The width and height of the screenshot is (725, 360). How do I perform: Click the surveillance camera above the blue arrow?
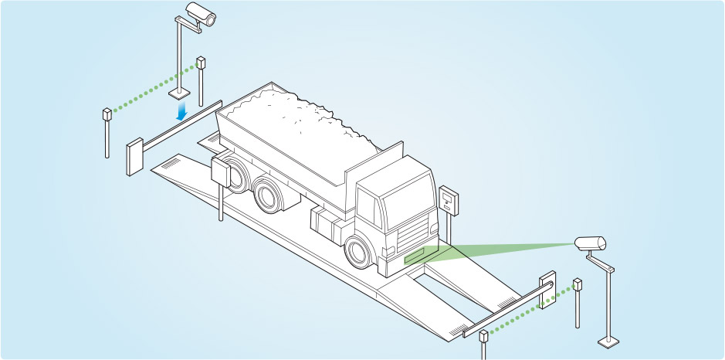202,13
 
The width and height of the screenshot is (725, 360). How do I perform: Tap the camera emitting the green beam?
591,243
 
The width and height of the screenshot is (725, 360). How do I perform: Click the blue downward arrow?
182,113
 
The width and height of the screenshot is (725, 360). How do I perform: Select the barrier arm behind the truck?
181,124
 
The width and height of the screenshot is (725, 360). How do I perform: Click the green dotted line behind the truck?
154,91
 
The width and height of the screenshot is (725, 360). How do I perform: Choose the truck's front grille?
414,229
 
